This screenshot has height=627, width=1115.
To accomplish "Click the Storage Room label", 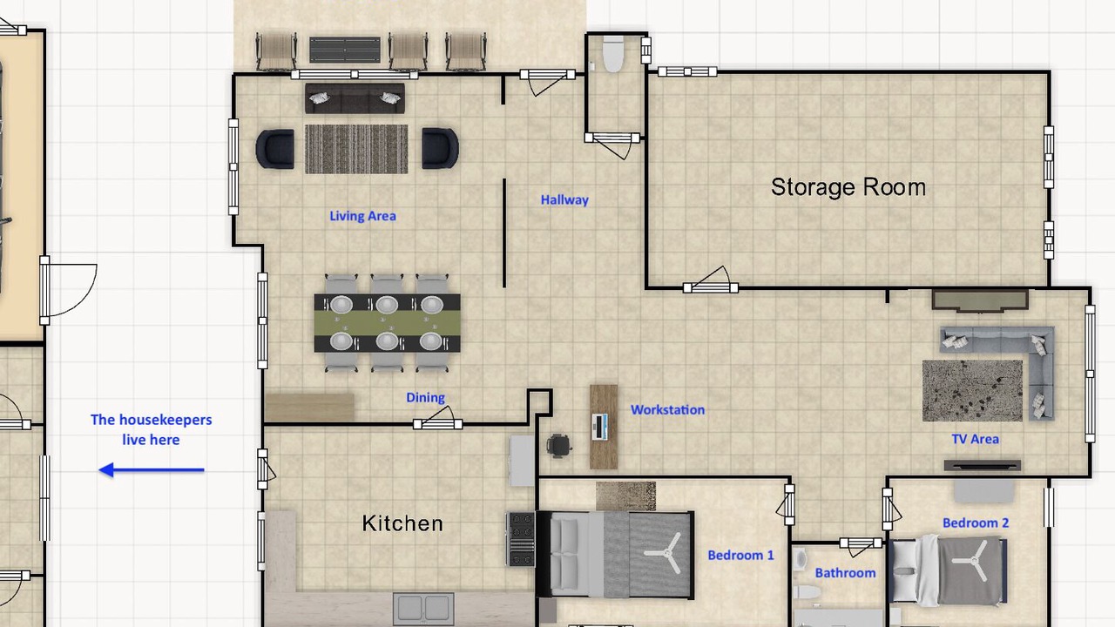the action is (848, 187).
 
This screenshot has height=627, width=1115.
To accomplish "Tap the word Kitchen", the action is (402, 523).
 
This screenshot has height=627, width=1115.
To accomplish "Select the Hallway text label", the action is (564, 200).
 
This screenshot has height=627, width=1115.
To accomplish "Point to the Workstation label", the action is (667, 409).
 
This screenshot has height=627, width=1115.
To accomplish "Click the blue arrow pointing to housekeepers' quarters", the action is (152, 469).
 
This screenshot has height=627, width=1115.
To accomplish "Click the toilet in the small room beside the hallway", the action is (612, 54).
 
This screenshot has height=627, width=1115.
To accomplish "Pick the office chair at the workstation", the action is (559, 445).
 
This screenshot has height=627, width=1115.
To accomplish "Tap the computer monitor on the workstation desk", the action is (599, 427).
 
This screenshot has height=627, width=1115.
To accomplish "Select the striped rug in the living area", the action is (356, 149).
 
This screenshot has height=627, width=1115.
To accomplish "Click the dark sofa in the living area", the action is (355, 98).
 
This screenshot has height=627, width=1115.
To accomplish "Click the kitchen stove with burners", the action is (521, 539).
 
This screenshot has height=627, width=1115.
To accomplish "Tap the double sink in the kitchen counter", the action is (423, 609).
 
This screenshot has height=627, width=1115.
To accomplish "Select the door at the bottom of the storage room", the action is (710, 280).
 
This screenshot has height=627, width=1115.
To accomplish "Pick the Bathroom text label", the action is (845, 573).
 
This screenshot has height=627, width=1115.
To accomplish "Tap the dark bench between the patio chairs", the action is (345, 50).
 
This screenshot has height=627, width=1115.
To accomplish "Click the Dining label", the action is (426, 398).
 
